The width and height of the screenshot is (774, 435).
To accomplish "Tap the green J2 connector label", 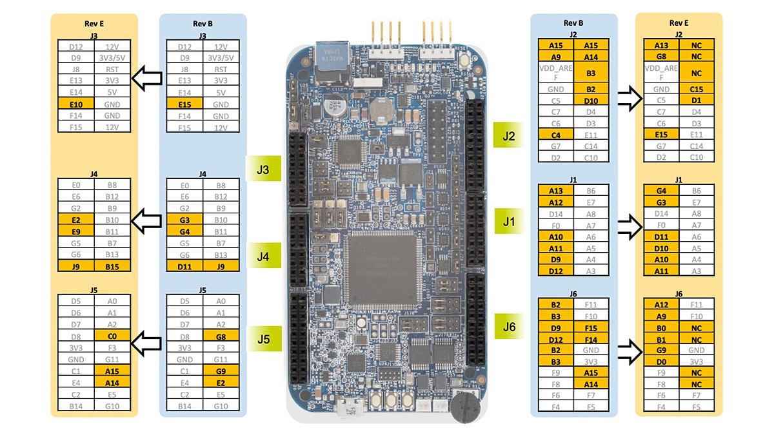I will coord(510,136).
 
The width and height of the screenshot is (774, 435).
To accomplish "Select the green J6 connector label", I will coord(510,327).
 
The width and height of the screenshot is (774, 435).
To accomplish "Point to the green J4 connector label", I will coord(263,256).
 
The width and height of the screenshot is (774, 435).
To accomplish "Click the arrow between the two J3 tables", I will coord(146,81).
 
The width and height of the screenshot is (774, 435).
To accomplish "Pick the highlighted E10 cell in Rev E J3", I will coord(76,104).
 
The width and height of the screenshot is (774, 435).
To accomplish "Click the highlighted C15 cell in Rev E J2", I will coord(696,90).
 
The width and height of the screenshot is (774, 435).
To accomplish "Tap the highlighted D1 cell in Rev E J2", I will coord(696,101).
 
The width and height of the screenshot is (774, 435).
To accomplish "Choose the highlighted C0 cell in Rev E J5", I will coord(112,336).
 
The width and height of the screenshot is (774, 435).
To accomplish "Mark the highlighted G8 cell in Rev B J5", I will coord(221,336).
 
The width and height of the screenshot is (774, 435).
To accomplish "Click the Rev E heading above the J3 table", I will coord(94,24).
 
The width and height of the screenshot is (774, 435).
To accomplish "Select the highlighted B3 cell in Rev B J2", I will coord(591,73).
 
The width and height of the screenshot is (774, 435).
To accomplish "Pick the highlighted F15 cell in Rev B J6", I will coord(591,327).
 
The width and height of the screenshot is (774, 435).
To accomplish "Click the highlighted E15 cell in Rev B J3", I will coord(184,104).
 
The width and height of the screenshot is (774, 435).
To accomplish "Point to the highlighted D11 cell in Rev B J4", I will coord(184,266).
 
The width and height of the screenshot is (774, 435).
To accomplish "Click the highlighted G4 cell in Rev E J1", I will coord(661,191).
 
